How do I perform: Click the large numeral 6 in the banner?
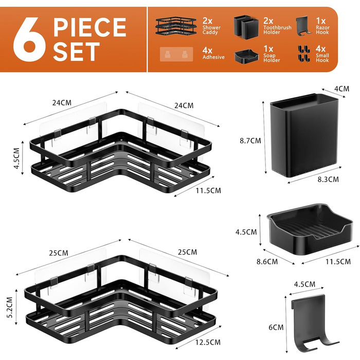[x=29, y=40]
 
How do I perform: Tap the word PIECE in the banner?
[x=90, y=27]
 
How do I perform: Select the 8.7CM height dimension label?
[x=250, y=140]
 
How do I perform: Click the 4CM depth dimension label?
[x=341, y=88]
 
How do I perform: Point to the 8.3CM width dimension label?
[x=328, y=179]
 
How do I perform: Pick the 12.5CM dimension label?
[x=208, y=343]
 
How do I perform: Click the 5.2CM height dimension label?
[x=10, y=308]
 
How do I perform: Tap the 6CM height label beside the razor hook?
[x=276, y=327]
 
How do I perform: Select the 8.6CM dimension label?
[x=267, y=261]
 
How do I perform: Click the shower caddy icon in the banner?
[x=176, y=26]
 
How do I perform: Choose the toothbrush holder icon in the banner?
[x=246, y=26]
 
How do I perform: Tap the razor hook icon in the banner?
[x=304, y=26]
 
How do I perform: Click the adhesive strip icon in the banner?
[x=176, y=55]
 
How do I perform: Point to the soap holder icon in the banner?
[x=246, y=56]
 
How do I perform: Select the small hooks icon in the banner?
[x=303, y=54]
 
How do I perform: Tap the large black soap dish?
[x=310, y=229]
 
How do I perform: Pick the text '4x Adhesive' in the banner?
[x=213, y=53]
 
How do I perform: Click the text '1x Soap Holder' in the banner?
[x=272, y=54]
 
